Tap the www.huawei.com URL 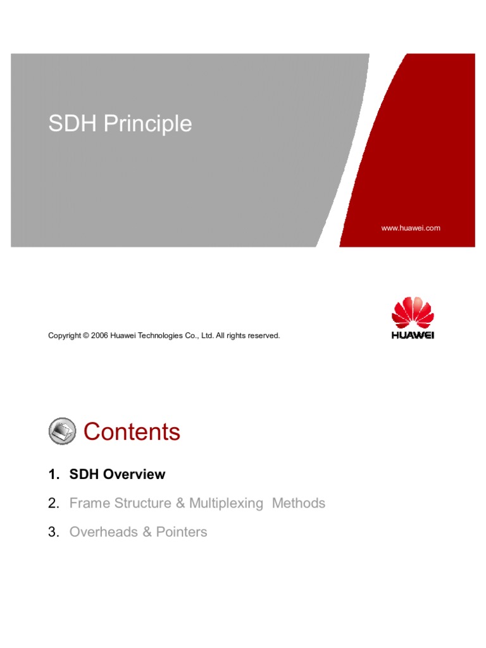(411, 228)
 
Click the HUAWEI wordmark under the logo (413, 335)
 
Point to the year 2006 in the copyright (100, 335)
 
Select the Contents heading (132, 432)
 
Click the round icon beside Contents (62, 432)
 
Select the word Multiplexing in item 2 (226, 504)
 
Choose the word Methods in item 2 (299, 504)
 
